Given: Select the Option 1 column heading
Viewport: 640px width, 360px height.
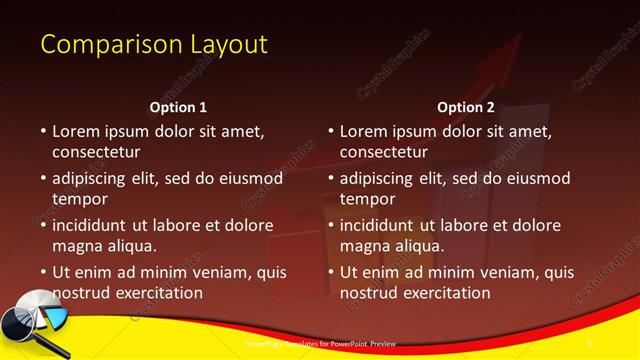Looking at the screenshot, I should [178, 107].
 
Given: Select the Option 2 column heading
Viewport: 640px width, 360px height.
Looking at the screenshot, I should [466, 107].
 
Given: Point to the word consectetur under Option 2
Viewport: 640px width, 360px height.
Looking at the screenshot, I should [384, 152].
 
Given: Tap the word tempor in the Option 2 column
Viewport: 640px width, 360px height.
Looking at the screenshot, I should [367, 199].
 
